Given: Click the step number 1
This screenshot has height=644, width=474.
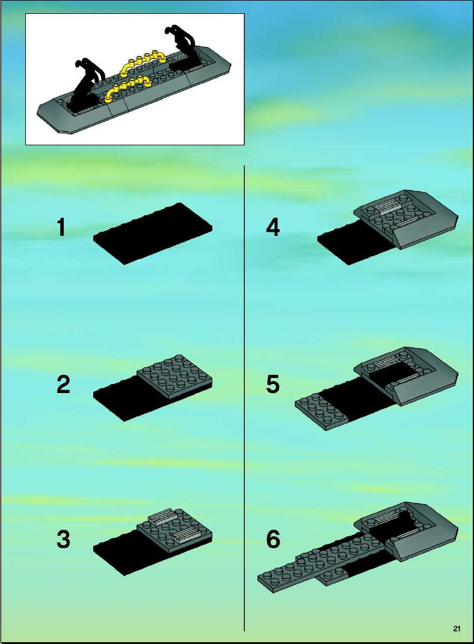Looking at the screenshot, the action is (x=61, y=228).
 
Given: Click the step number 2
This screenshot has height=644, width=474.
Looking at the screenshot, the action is (x=63, y=385).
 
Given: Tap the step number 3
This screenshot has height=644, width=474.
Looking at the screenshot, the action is (x=63, y=539).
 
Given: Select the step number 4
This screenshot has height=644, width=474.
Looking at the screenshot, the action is (x=273, y=228).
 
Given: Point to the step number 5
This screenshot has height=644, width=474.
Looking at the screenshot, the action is (x=273, y=385).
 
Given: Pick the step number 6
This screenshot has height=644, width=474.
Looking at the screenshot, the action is (x=273, y=539).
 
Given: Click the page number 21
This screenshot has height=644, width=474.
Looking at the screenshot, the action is (x=457, y=628).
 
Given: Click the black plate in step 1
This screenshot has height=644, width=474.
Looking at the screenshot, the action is (x=153, y=234).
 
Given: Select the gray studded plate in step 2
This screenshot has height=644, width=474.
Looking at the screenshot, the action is (x=174, y=372).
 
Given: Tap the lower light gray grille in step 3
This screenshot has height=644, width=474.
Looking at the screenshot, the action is (x=187, y=534).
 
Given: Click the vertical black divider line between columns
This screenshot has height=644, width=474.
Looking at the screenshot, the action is (x=245, y=398).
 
